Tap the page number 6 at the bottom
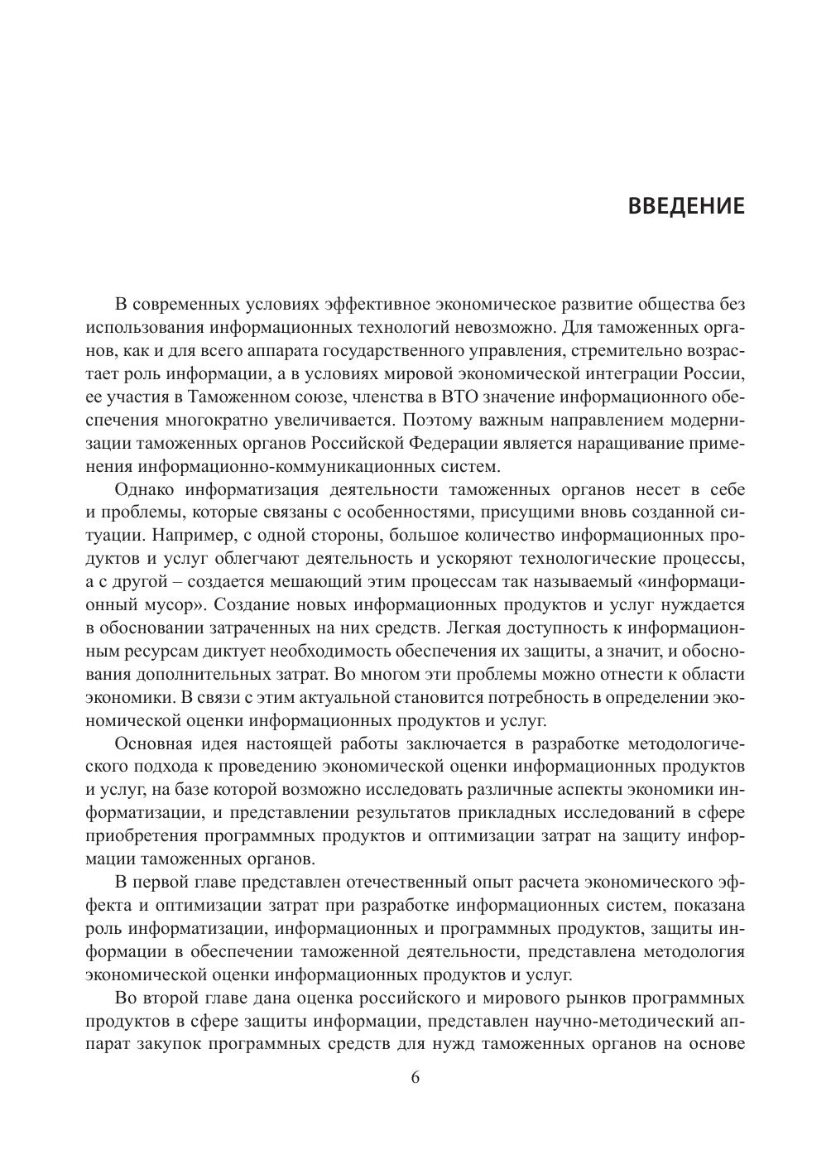coord(415,1077)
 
